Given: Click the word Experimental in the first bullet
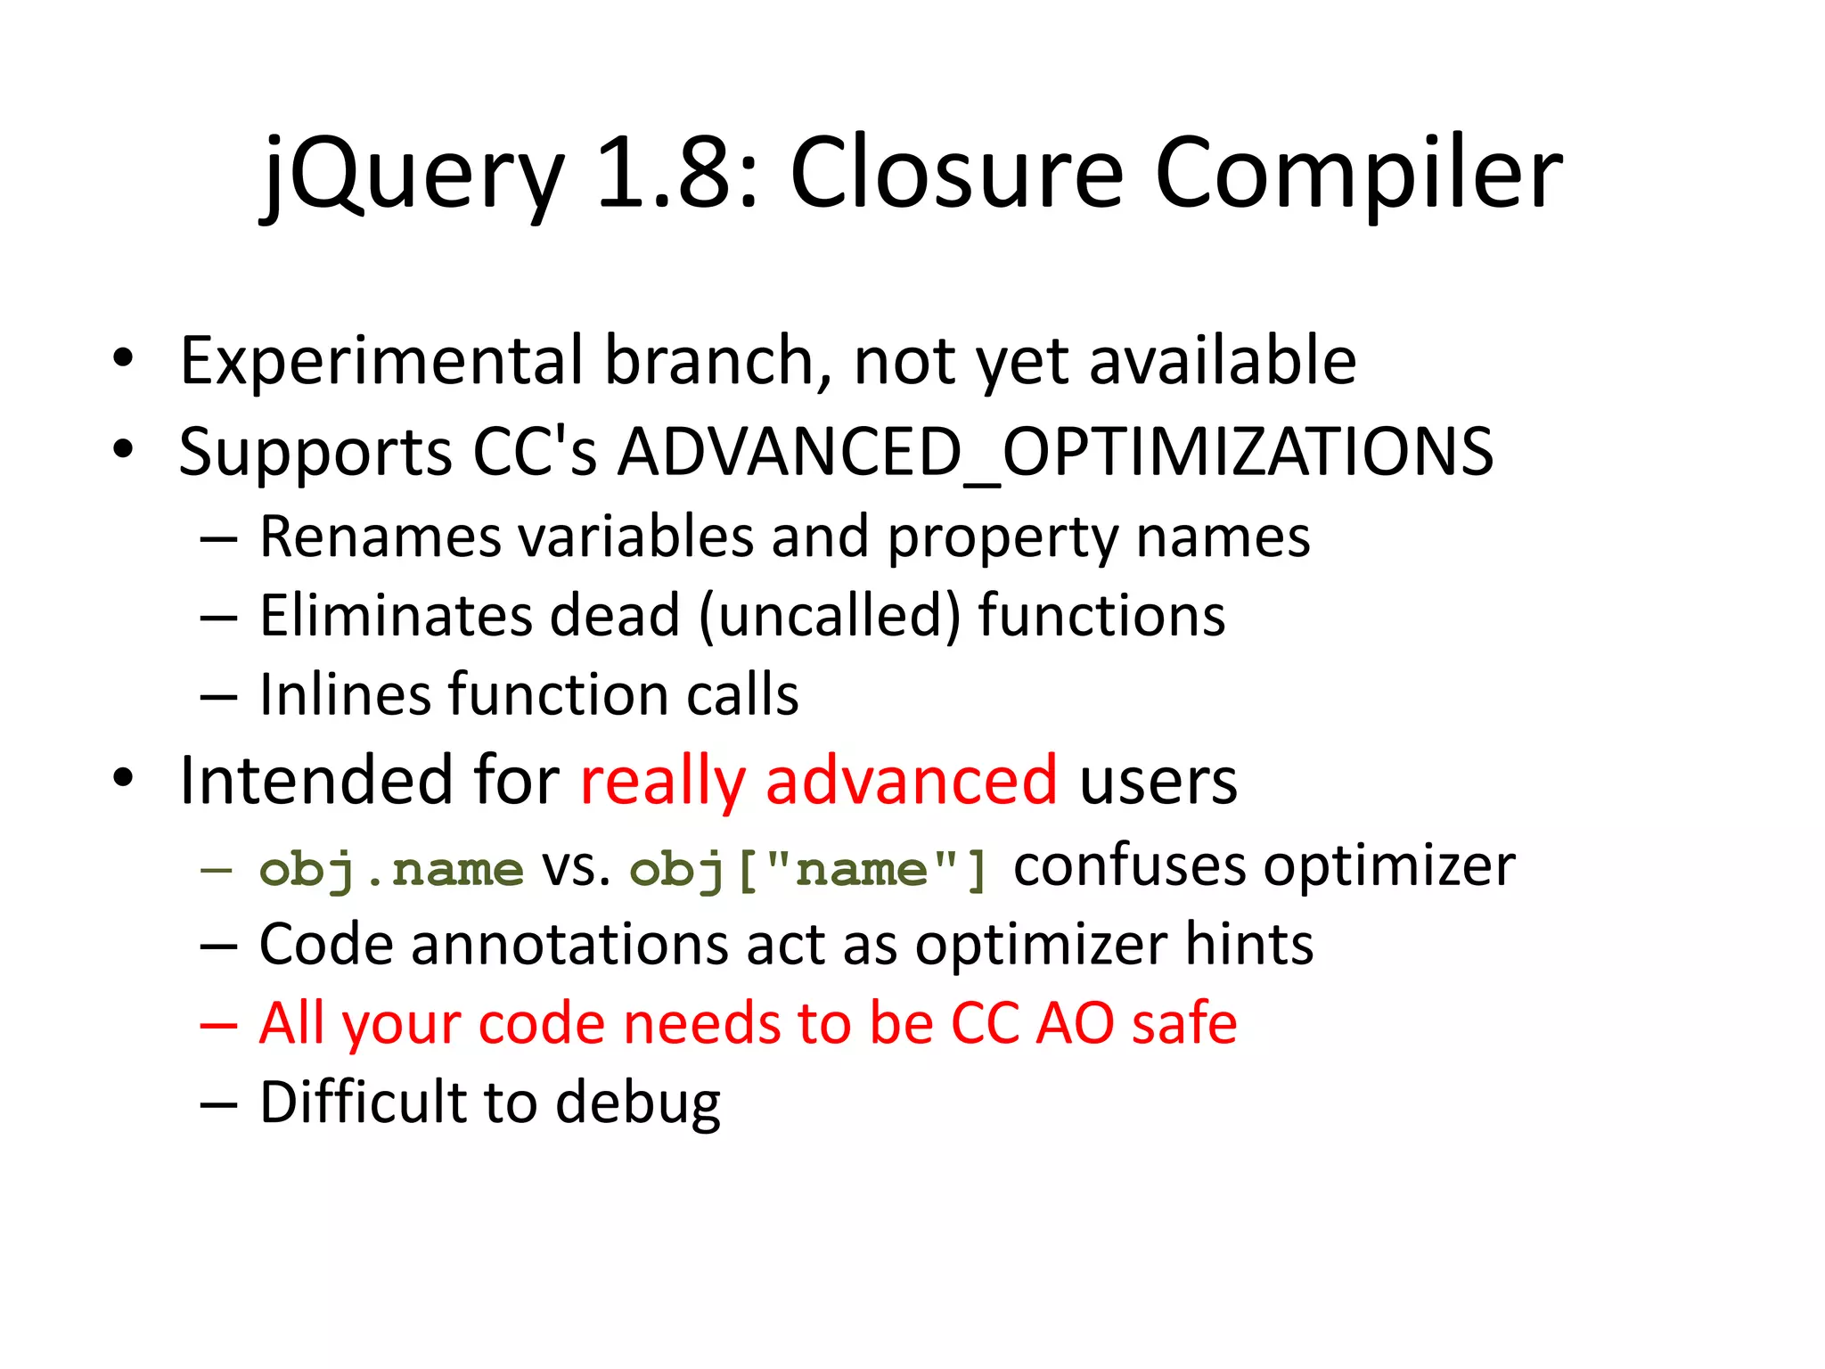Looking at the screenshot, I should click(383, 361).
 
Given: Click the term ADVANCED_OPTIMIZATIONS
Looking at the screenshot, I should click(1055, 452).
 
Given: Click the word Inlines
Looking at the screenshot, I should click(344, 695).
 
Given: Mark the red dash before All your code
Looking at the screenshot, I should click(218, 1026).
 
